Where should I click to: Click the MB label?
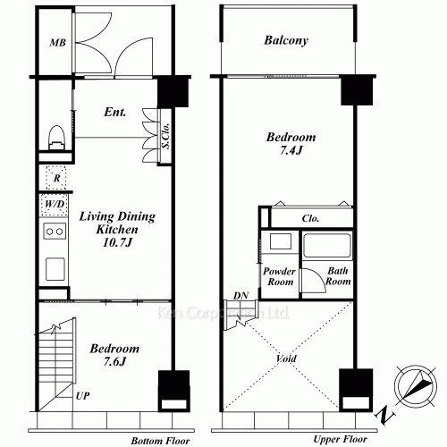click(57, 43)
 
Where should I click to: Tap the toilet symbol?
click(56, 138)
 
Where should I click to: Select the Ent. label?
click(115, 112)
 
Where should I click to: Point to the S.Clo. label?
click(166, 136)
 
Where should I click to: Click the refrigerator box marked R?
click(56, 178)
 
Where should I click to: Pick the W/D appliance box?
click(55, 205)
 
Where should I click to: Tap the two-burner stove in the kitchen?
click(55, 231)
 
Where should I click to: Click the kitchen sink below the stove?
click(55, 269)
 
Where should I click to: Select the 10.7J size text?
click(117, 242)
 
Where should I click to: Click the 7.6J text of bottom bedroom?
click(114, 361)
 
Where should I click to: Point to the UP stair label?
click(82, 396)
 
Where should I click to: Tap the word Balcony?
click(286, 40)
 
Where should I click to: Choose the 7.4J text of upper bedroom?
click(291, 150)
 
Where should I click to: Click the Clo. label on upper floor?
click(310, 218)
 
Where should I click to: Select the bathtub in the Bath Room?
click(326, 245)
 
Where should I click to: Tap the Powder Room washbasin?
click(281, 241)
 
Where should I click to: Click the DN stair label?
click(240, 296)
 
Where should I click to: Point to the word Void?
click(286, 358)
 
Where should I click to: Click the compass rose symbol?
click(416, 386)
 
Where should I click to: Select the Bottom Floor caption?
click(160, 441)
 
